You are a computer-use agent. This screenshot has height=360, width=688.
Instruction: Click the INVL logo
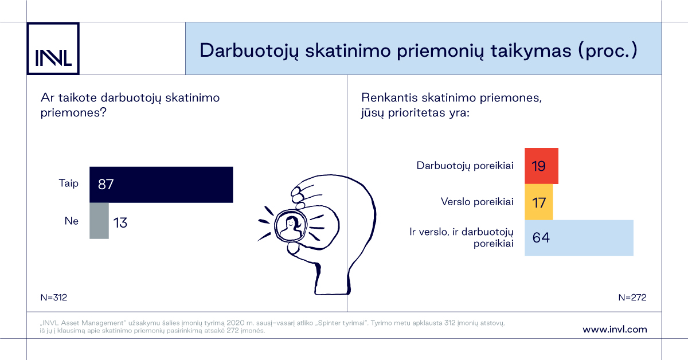tap(53, 49)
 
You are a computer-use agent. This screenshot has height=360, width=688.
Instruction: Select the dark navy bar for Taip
tap(161, 185)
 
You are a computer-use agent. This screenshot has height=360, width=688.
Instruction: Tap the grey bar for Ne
tap(99, 221)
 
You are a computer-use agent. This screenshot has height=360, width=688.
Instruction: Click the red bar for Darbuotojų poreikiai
tap(541, 166)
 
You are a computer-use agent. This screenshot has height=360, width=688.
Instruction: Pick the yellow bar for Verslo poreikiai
tap(539, 202)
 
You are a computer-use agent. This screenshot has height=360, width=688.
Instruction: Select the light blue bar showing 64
tap(579, 238)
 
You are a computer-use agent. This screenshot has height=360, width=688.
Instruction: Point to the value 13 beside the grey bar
tap(120, 222)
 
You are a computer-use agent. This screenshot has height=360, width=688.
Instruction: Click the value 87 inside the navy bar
tap(106, 185)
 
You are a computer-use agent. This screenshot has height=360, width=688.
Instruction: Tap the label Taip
tap(69, 183)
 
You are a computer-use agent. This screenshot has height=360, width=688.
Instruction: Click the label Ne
tap(72, 221)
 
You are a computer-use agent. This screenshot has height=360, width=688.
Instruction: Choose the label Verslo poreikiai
tap(477, 202)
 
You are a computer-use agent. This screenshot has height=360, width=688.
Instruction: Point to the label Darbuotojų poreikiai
tap(465, 166)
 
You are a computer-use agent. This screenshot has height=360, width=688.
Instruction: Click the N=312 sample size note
tap(54, 298)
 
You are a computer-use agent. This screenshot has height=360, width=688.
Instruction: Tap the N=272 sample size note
tap(632, 298)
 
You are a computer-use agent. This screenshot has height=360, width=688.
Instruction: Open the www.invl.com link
tap(615, 329)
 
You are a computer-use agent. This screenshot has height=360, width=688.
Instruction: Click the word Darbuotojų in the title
tap(249, 50)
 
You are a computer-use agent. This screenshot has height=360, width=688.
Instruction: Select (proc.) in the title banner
tap(608, 50)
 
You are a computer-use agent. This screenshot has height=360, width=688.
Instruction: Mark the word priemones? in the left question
tap(73, 113)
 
